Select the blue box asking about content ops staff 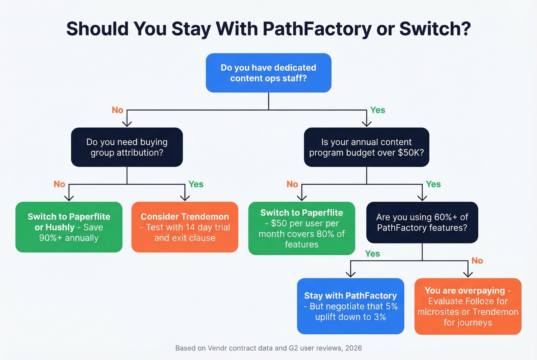click(268, 73)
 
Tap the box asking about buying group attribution click(127, 147)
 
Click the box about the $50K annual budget click(366, 147)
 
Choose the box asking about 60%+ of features click(422, 222)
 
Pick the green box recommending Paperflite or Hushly click(69, 227)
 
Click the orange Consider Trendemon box click(184, 227)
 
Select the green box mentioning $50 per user click(301, 228)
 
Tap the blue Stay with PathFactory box click(351, 306)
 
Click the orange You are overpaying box click(468, 306)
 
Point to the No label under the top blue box click(117, 110)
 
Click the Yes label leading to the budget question click(377, 110)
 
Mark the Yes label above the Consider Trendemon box click(196, 184)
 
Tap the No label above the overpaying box click(477, 261)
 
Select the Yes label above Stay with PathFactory click(372, 254)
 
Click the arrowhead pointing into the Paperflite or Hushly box click(69, 198)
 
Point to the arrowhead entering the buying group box click(127, 123)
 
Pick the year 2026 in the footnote click(353, 348)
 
